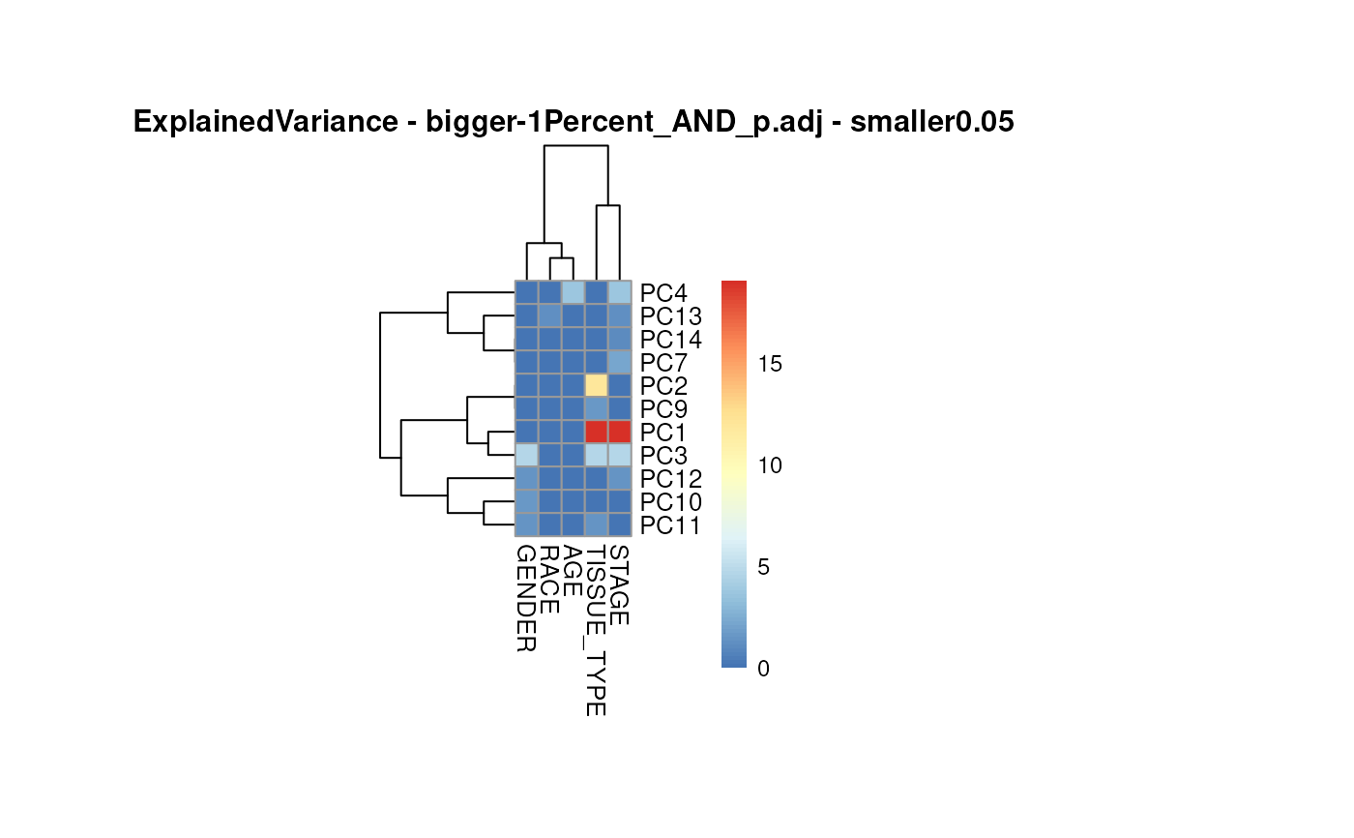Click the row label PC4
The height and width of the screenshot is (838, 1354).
662,292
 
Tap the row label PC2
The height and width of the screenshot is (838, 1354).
662,385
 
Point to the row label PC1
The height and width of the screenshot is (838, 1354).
662,432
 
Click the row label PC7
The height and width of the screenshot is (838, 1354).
662,362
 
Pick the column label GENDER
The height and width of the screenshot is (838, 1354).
526,598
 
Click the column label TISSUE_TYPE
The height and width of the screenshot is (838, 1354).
596,631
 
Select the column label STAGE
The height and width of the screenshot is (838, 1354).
620,584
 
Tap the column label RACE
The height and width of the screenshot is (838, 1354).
549,580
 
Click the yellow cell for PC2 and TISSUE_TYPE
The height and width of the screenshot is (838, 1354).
596,385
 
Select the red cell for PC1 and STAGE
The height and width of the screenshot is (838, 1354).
620,432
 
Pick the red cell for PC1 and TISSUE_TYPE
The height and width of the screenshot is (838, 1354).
596,432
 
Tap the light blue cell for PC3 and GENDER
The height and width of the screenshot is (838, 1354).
526,455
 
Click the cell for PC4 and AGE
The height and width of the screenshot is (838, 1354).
573,292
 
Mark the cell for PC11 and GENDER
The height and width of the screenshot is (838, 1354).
526,525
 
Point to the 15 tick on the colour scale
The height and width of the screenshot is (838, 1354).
770,364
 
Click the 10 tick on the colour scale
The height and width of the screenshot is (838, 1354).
770,465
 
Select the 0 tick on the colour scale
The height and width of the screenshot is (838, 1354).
764,668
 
